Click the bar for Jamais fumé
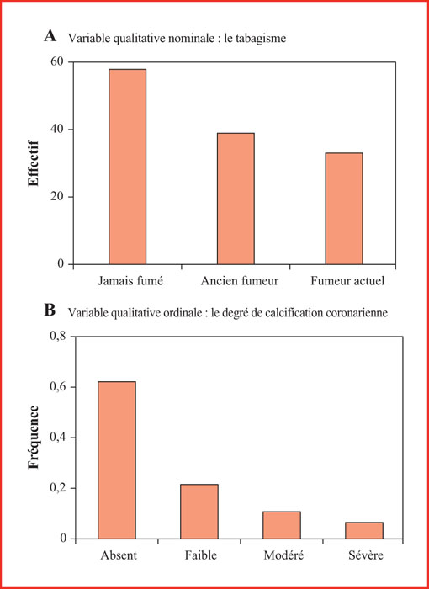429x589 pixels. tap(127, 167)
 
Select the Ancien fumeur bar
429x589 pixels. tap(236, 199)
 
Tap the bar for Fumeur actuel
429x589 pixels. tap(344, 209)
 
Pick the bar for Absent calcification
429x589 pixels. tap(117, 460)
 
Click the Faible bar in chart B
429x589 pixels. tap(199, 512)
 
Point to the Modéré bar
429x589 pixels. tap(282, 525)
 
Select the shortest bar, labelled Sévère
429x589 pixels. tap(364, 530)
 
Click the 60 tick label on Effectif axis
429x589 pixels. tap(57, 61)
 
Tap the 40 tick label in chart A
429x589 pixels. tap(57, 130)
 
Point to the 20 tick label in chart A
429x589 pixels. tap(57, 196)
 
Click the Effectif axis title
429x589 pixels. tap(33, 162)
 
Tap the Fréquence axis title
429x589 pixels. tap(34, 437)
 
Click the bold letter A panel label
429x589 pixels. tap(50, 36)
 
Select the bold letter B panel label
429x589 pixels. tap(50, 311)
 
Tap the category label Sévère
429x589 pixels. tap(364, 555)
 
